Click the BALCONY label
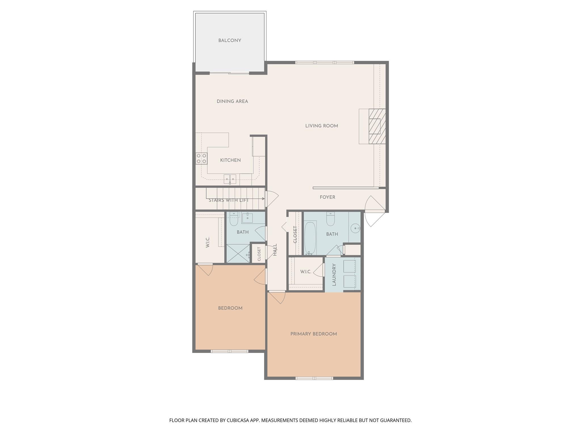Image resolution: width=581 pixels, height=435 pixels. (x=230, y=40)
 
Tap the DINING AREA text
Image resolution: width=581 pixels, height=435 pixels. (x=232, y=101)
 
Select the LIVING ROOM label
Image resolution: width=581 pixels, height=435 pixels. (x=321, y=126)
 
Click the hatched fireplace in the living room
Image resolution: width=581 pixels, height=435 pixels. (x=377, y=126)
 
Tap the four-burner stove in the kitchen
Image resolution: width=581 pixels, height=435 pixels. (x=201, y=158)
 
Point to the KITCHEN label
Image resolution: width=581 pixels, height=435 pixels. (x=230, y=160)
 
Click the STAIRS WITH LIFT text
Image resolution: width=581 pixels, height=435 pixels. (x=228, y=200)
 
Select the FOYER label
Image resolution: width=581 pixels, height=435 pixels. (x=327, y=197)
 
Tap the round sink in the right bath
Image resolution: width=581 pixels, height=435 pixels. (x=355, y=228)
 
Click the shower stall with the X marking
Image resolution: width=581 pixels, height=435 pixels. (x=238, y=254)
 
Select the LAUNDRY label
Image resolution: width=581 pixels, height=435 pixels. (x=334, y=274)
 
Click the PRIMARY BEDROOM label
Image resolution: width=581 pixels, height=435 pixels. (x=313, y=334)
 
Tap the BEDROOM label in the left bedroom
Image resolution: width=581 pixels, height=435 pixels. (x=230, y=308)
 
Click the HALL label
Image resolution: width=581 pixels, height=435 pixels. (x=275, y=250)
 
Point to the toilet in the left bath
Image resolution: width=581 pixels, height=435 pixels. (x=233, y=220)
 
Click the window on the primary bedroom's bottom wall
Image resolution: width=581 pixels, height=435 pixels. (x=314, y=378)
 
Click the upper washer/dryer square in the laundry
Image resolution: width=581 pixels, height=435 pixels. (x=349, y=266)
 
